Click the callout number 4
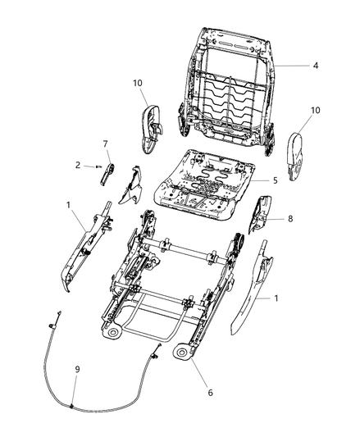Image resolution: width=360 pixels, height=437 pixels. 316,66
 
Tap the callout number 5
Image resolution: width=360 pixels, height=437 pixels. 276,180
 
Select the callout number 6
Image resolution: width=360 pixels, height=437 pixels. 210,393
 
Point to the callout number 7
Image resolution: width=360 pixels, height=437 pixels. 105,143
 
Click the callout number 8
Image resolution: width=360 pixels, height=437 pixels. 290,219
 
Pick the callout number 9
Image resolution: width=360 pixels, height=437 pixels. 77,369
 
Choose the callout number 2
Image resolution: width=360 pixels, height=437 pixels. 78,165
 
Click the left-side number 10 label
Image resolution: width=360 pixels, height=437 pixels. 138,83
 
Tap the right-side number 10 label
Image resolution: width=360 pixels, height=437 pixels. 316,110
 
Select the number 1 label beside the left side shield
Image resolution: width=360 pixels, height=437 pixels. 68,205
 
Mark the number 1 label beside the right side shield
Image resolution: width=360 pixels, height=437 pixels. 276,298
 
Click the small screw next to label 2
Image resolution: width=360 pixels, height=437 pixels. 98,166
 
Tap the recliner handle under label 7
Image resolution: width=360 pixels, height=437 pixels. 107,174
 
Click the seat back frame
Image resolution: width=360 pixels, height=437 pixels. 226,89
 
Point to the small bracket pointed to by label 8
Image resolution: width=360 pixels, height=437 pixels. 260,214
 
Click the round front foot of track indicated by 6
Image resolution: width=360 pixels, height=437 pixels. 181,353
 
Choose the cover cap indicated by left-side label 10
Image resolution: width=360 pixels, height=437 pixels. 152,129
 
